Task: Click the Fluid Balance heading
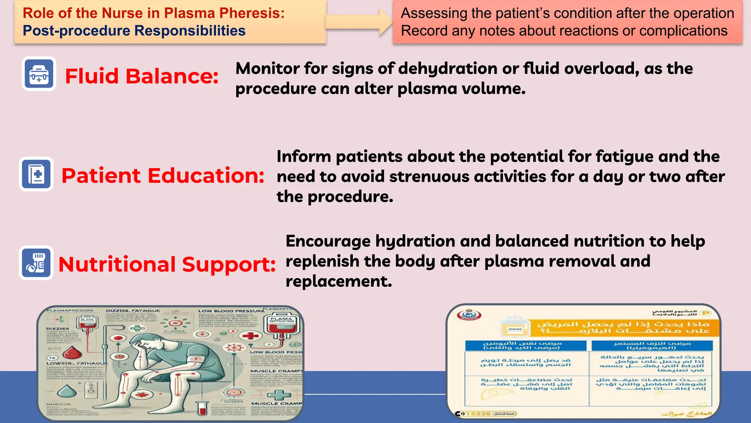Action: [142, 76]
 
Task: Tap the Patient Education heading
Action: [162, 176]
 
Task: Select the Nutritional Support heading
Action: [167, 264]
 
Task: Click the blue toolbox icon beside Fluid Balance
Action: [39, 74]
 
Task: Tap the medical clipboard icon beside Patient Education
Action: [36, 174]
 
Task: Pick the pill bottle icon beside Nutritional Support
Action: [36, 263]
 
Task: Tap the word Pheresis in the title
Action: [252, 13]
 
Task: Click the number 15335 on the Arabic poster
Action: [478, 414]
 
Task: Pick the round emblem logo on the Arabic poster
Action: [469, 315]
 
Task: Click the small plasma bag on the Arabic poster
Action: [515, 328]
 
